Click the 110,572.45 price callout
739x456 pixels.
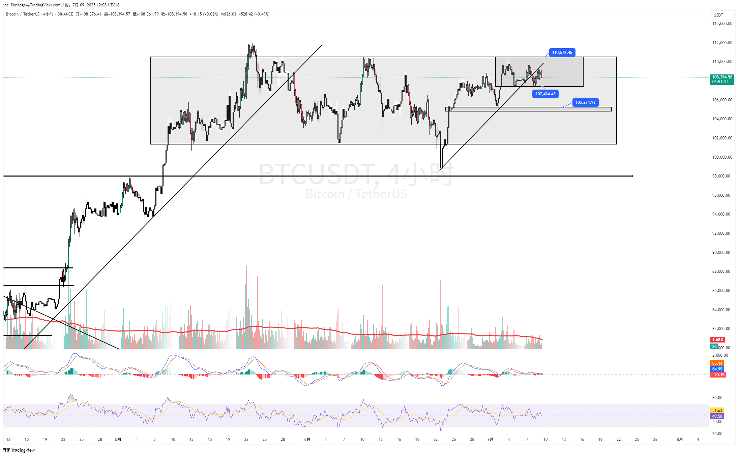[562, 53]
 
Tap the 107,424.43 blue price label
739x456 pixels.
[545, 94]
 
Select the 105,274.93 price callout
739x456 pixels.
[585, 102]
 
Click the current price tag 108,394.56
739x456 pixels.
[722, 77]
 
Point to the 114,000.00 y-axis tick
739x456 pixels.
[722, 24]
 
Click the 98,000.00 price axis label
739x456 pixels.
[722, 176]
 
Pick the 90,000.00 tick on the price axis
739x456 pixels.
[722, 253]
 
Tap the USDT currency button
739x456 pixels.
[718, 15]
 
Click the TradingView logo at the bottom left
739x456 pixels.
[19, 450]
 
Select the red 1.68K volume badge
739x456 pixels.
[717, 339]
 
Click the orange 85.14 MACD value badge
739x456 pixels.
[717, 363]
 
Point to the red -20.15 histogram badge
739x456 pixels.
[718, 375]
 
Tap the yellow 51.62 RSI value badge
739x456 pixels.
[717, 411]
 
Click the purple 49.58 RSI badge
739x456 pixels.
[717, 416]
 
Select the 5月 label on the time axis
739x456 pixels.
[118, 439]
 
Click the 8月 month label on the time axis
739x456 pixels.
[680, 439]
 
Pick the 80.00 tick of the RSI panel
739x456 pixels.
[717, 398]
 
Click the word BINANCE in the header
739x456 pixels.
[65, 14]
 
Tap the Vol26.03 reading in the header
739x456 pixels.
[228, 14]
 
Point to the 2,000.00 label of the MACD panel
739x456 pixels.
[720, 355]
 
